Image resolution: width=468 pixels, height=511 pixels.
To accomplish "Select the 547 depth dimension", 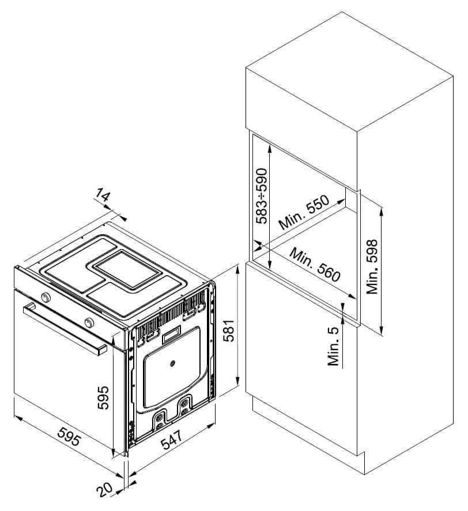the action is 171,439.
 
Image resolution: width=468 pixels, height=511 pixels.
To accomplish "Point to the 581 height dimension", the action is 230,330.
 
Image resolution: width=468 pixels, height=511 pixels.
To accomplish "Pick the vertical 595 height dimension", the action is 104,397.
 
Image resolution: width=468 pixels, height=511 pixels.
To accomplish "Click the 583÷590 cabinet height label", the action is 262,196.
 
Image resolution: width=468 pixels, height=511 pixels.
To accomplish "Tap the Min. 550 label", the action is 304,212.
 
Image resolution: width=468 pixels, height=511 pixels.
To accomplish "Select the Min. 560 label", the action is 315,265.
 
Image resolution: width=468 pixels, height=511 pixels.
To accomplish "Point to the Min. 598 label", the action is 372,266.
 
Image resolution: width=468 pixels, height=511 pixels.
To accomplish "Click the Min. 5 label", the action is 334,346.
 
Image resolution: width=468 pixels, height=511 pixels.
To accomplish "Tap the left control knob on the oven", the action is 46,297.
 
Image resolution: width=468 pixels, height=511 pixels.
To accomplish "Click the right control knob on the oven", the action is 89,322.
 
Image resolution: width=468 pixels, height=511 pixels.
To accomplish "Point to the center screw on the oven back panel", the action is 172,363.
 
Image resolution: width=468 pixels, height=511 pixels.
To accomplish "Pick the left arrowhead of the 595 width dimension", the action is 18,418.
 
